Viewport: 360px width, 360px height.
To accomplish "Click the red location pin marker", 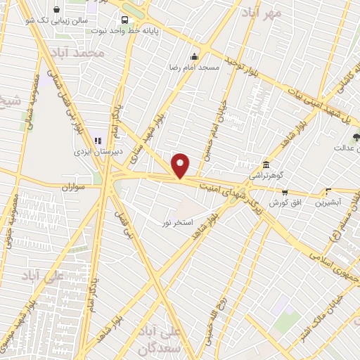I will point(181,166).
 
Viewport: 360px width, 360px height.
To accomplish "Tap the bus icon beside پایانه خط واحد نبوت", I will point(124,20).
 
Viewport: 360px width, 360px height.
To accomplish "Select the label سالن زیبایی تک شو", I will point(63,20).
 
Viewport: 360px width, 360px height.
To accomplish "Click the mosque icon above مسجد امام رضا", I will point(194,56).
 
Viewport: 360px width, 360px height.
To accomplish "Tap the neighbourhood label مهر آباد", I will point(262,13).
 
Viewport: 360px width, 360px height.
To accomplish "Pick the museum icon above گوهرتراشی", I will point(266,162).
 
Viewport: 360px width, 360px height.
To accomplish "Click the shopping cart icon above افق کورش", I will point(284,192).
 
